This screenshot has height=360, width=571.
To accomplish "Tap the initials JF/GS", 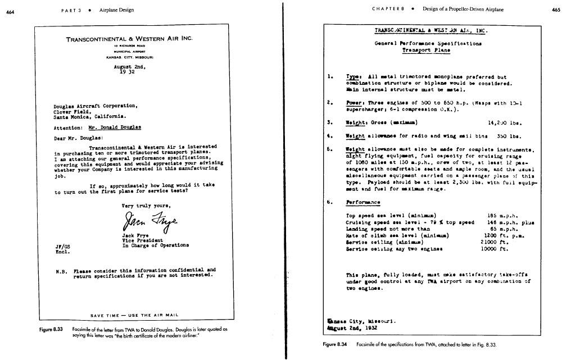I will click(62, 245).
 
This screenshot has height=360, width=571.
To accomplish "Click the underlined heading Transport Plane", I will click(426, 50).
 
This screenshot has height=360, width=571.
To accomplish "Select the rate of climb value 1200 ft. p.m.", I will click(503, 235).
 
